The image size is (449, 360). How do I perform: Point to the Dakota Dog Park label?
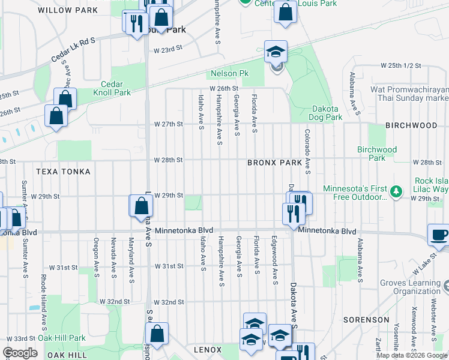(327, 113)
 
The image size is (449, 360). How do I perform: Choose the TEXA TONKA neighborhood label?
(63, 172)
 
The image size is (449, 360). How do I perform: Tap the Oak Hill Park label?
(62, 338)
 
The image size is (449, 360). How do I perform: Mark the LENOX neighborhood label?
(208, 349)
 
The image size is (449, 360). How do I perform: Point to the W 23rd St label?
(167, 50)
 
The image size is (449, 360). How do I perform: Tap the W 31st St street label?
(168, 266)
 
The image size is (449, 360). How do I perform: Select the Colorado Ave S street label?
(307, 151)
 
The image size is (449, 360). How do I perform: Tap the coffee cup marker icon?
(439, 235)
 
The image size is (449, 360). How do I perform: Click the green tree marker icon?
(396, 192)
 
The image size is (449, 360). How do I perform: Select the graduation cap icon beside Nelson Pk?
(276, 52)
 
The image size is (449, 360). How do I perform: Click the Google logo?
(20, 353)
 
